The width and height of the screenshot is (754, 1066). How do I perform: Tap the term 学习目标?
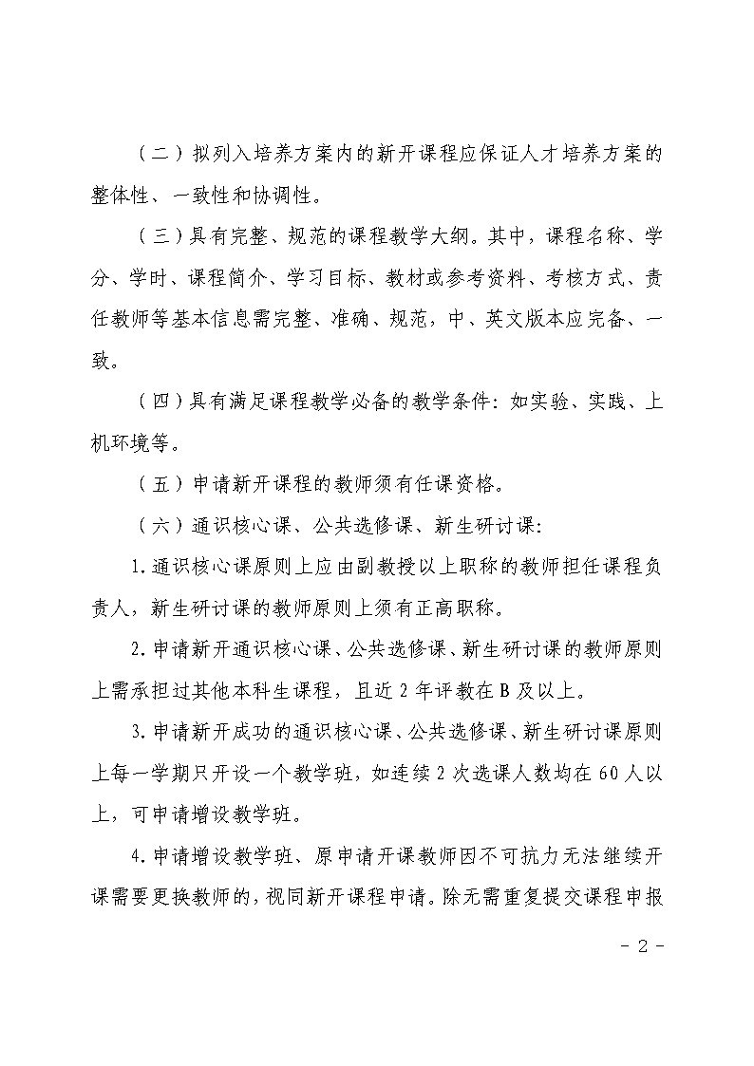click(x=328, y=278)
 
